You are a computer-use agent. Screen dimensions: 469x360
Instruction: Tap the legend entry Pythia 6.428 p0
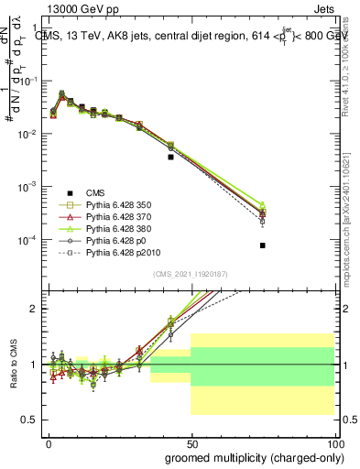[116, 247]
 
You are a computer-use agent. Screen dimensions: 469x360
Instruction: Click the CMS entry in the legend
[96, 191]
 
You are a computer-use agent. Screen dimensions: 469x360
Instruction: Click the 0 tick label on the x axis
[49, 442]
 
